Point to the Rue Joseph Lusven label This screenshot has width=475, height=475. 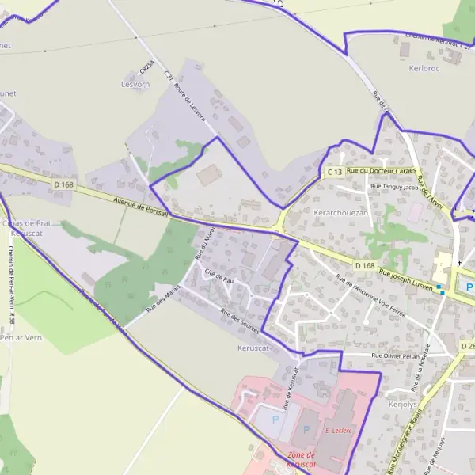(405, 280)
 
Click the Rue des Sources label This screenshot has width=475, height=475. (241, 321)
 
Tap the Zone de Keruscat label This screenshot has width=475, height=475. (301, 459)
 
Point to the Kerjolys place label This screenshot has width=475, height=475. (403, 404)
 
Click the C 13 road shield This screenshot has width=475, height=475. (334, 172)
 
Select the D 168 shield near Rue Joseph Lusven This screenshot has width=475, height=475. (364, 264)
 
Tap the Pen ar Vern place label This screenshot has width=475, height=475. (19, 336)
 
